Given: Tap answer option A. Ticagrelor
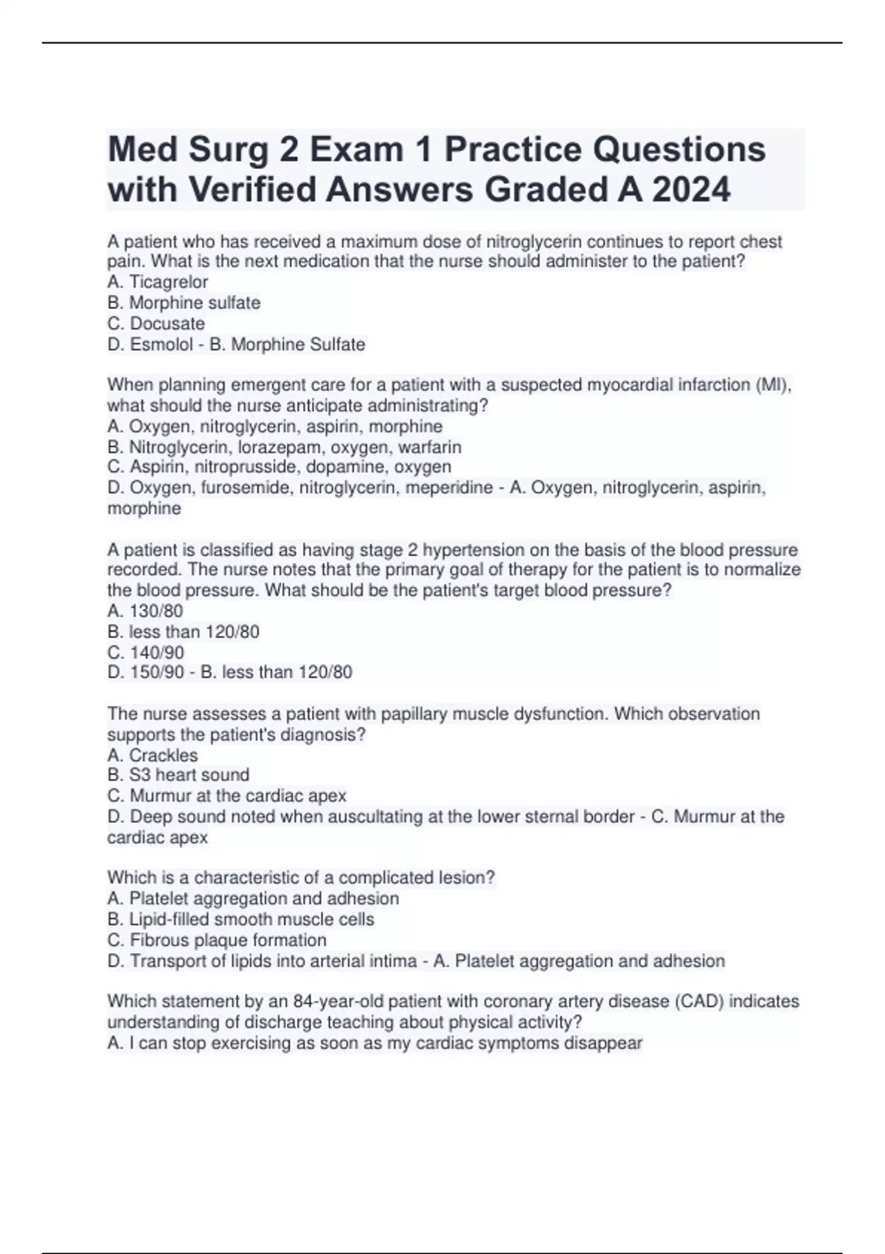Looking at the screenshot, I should click(x=158, y=282).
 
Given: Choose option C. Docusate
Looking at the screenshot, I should click(x=156, y=323).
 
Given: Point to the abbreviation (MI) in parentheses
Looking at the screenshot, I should click(x=774, y=385).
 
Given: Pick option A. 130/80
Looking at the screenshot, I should click(x=145, y=611).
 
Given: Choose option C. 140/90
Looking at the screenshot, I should click(x=146, y=653).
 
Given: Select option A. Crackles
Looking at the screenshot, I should click(x=153, y=755).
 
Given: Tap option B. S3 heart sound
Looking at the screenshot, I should click(x=178, y=775).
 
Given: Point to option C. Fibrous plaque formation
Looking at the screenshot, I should click(x=217, y=940).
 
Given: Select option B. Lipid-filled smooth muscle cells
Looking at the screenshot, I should click(x=241, y=920).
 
